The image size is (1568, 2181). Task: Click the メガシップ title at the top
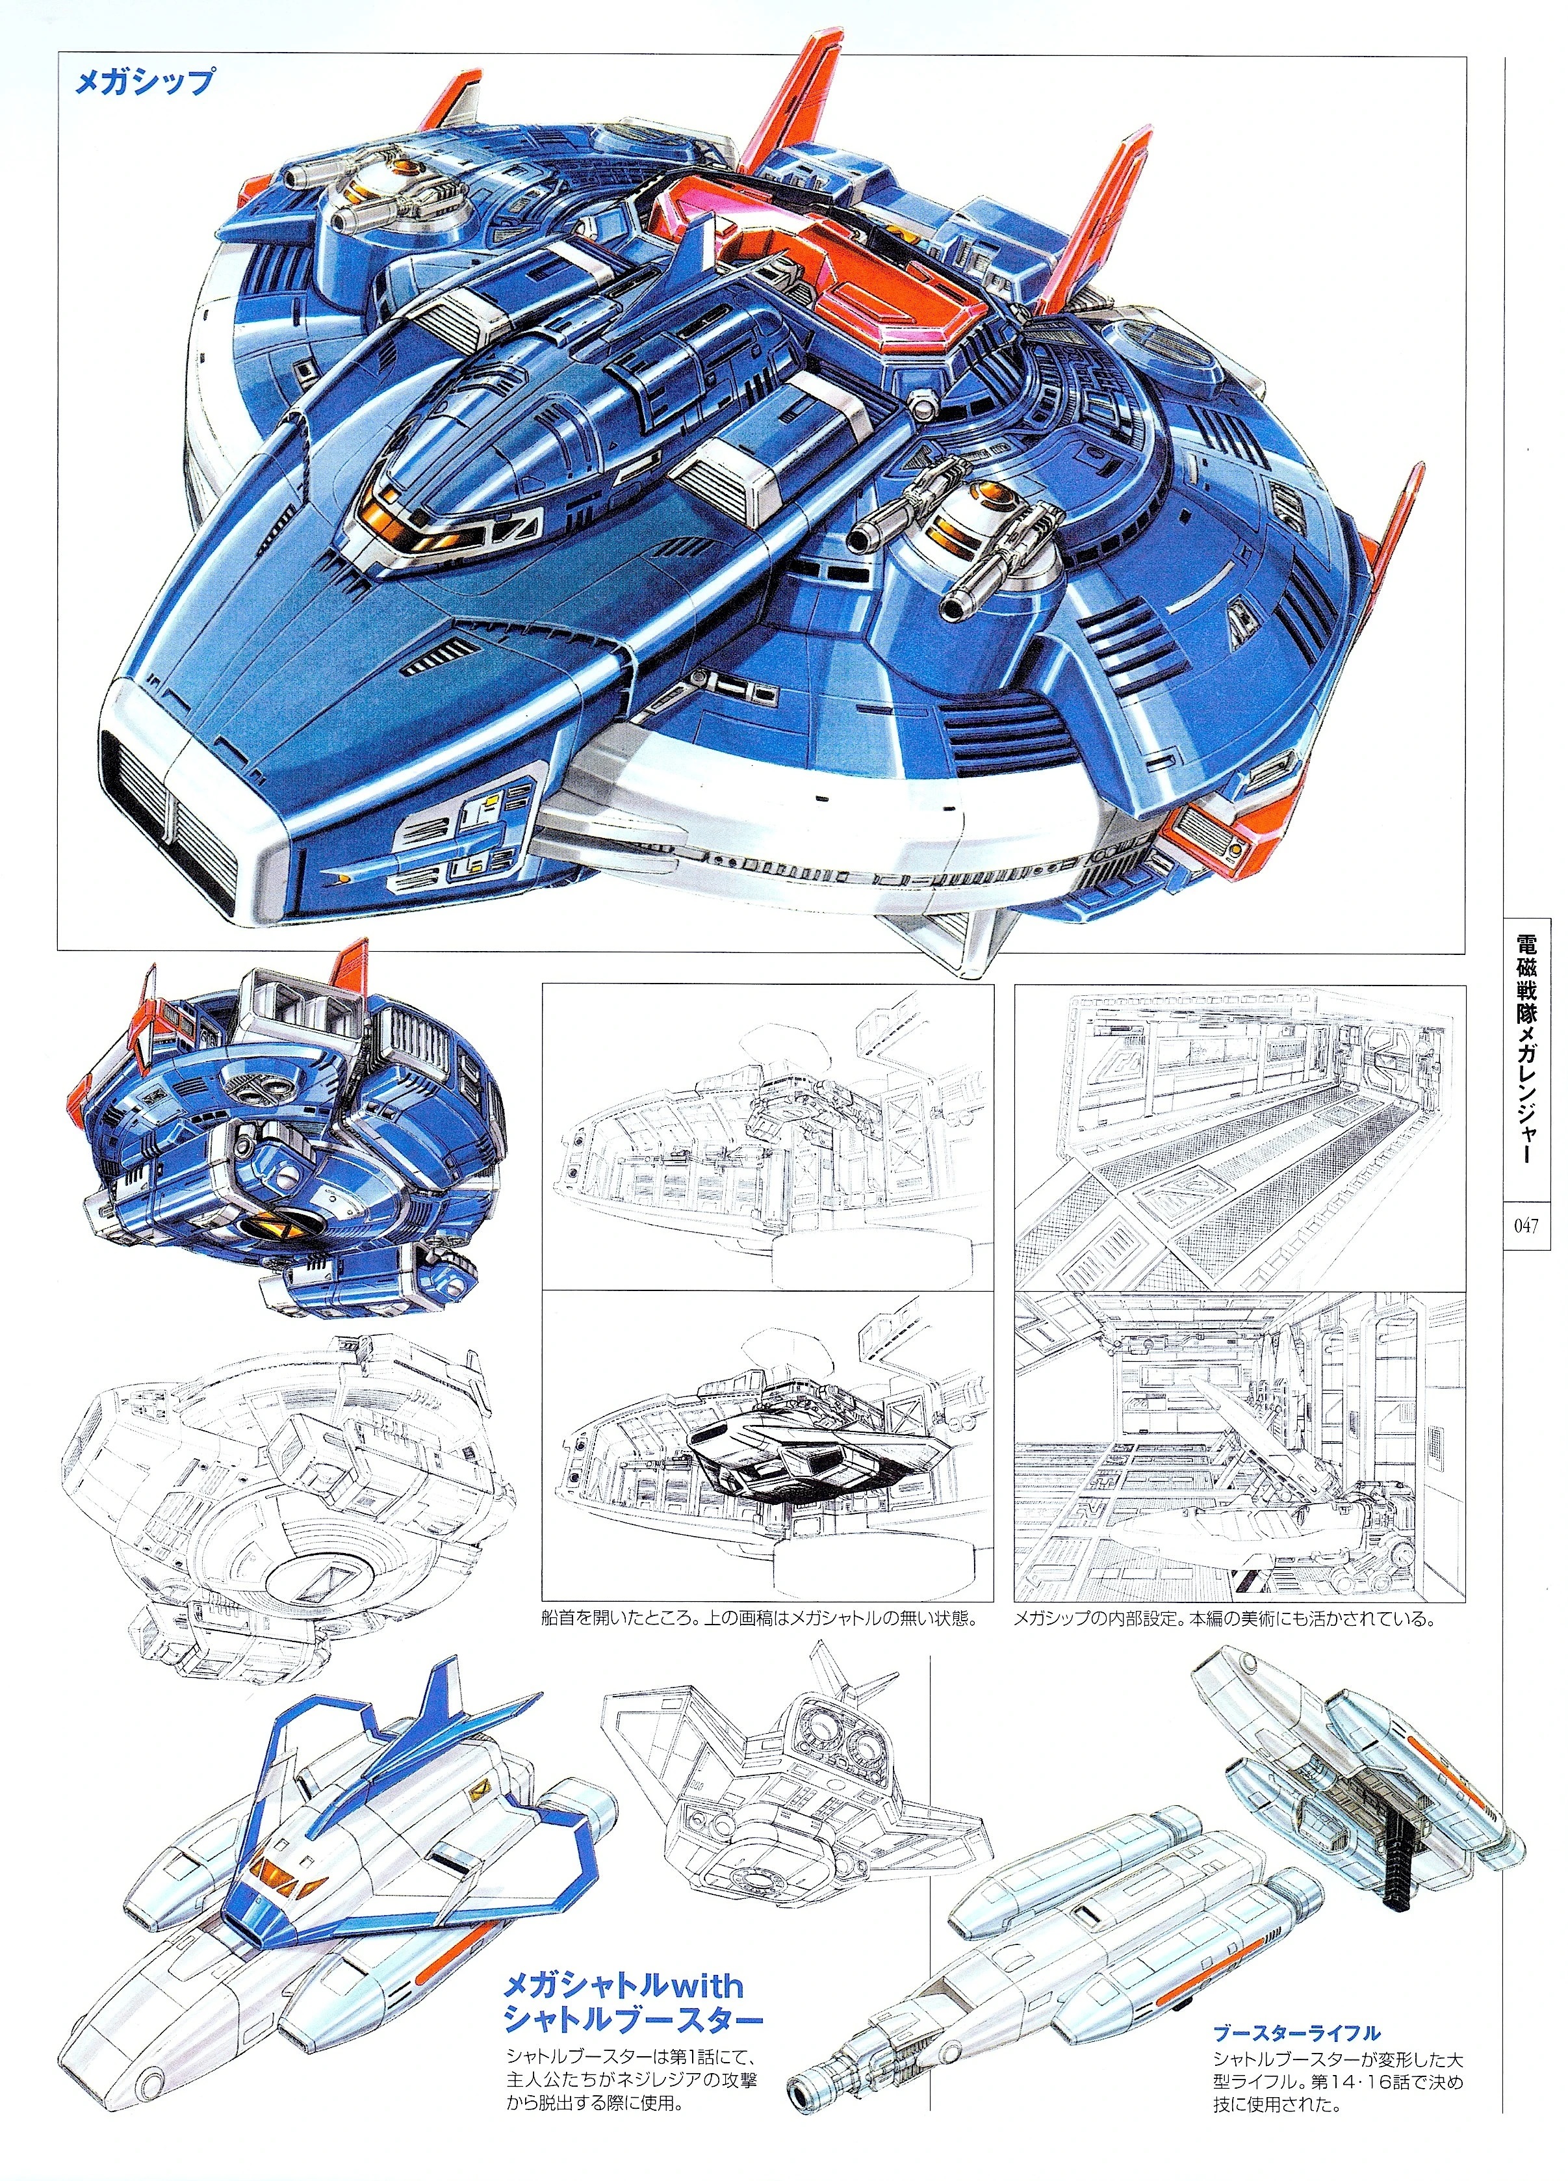click(144, 82)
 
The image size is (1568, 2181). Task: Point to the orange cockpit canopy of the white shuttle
click(279, 1870)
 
